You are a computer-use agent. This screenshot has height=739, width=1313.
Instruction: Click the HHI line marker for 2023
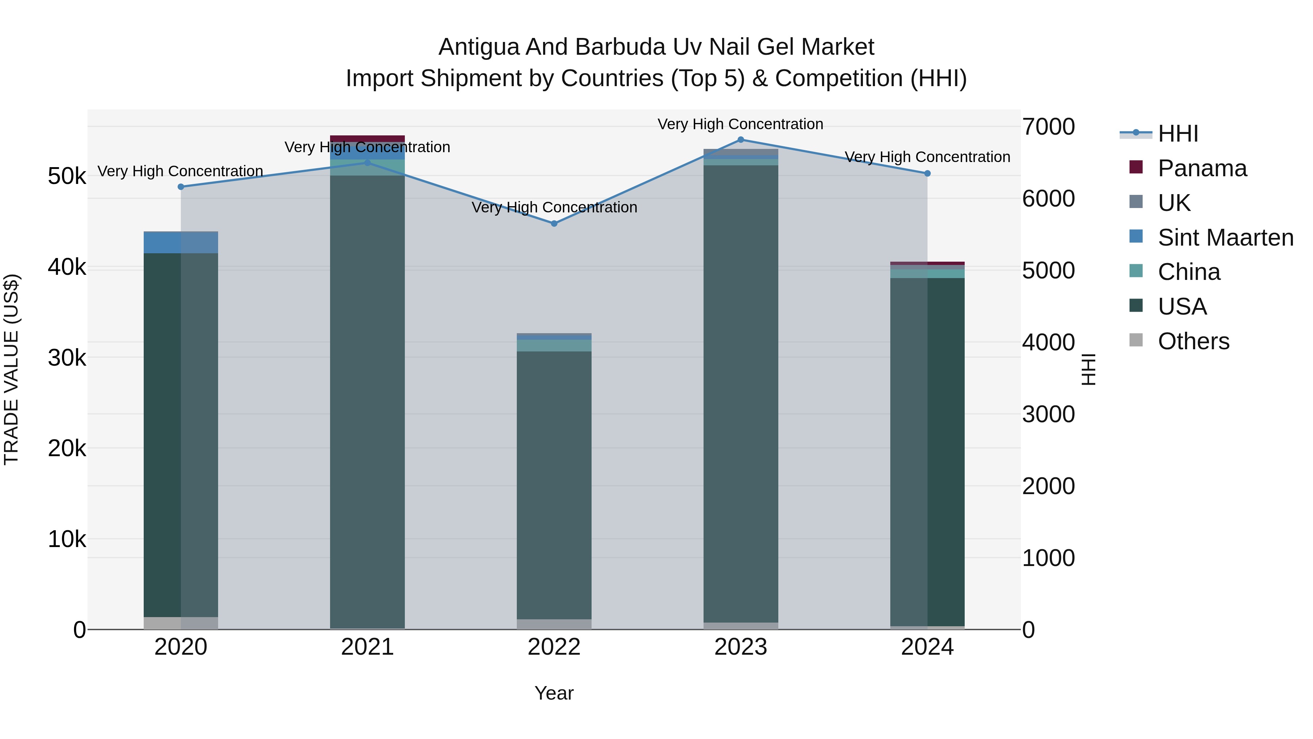(x=741, y=140)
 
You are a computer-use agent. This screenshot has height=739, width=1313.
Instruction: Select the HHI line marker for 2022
(x=554, y=223)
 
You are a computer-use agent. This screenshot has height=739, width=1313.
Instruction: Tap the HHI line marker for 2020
(x=181, y=186)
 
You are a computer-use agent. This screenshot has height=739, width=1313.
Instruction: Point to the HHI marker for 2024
(x=927, y=173)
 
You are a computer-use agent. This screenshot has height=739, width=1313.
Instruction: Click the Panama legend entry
(x=1202, y=168)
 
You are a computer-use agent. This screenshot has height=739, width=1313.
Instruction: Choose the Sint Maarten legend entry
(x=1225, y=238)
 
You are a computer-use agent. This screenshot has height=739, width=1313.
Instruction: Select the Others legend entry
(x=1193, y=341)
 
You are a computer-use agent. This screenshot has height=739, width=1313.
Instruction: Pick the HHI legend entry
(x=1177, y=134)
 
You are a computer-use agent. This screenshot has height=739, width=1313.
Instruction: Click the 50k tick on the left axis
(x=67, y=177)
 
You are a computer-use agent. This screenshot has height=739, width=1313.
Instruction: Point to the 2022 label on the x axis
(x=554, y=647)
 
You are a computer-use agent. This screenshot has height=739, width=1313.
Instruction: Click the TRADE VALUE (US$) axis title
(x=11, y=369)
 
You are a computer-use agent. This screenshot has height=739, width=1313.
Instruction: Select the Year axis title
(x=554, y=693)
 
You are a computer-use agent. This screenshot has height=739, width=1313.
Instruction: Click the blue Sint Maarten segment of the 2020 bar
(x=181, y=242)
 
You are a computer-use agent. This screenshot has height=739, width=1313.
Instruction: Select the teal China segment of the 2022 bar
(x=554, y=345)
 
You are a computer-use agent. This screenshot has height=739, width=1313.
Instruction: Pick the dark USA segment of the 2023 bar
(x=741, y=393)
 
